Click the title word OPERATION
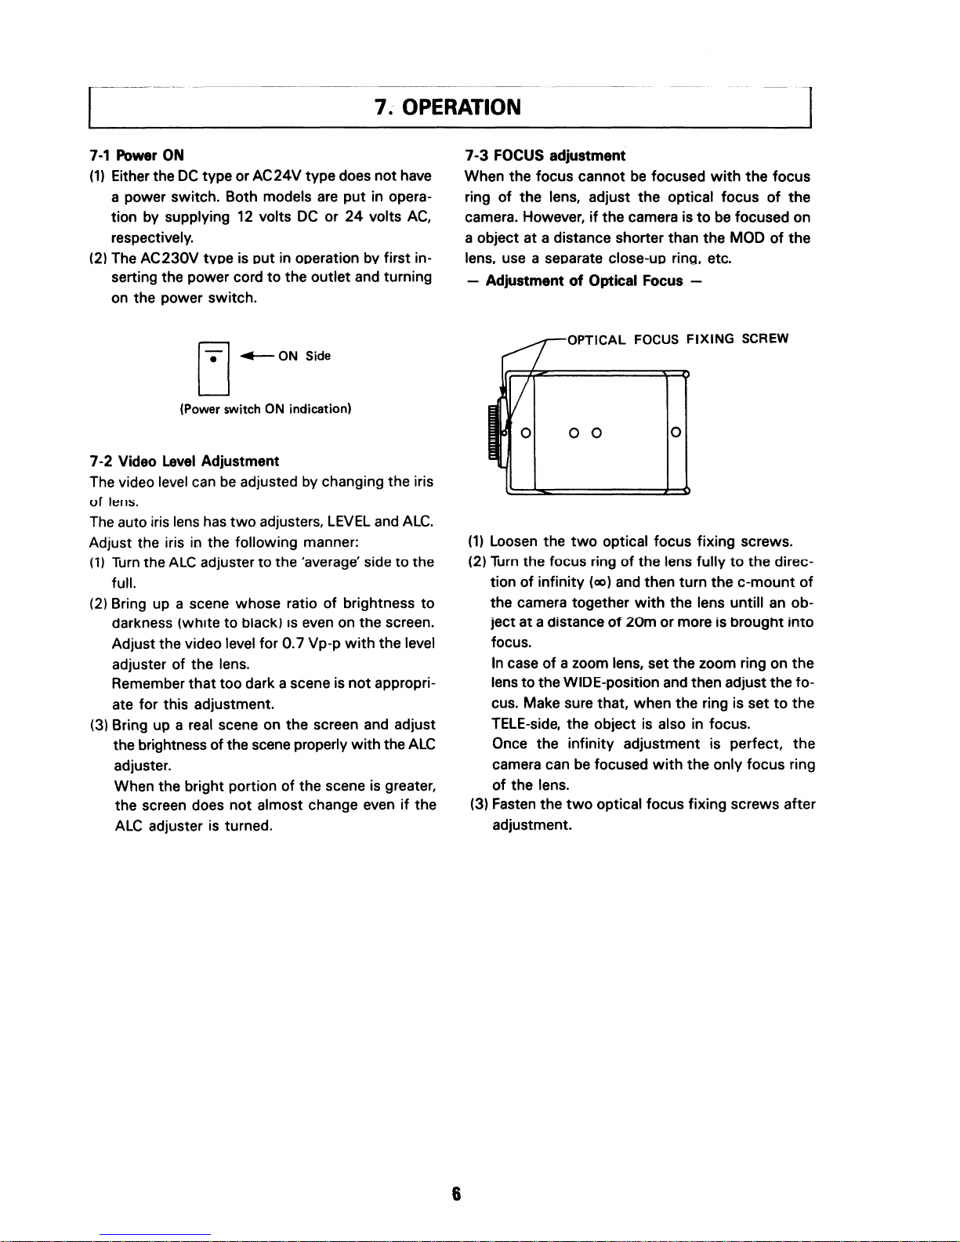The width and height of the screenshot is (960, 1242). [461, 107]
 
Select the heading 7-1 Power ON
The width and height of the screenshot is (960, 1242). [136, 155]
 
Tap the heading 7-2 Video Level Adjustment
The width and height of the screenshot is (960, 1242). [184, 461]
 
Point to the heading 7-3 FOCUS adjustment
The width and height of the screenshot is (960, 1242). [545, 155]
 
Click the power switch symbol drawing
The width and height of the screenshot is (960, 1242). [214, 369]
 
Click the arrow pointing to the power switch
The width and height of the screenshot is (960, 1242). [255, 357]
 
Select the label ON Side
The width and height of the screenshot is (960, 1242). [305, 357]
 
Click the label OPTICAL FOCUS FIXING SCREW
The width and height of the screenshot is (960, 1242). [677, 339]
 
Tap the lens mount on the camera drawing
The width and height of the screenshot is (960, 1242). [494, 433]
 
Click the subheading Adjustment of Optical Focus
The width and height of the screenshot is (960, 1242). [584, 281]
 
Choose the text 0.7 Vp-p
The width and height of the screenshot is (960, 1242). [311, 643]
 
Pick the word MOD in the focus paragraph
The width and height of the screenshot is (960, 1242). [747, 238]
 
